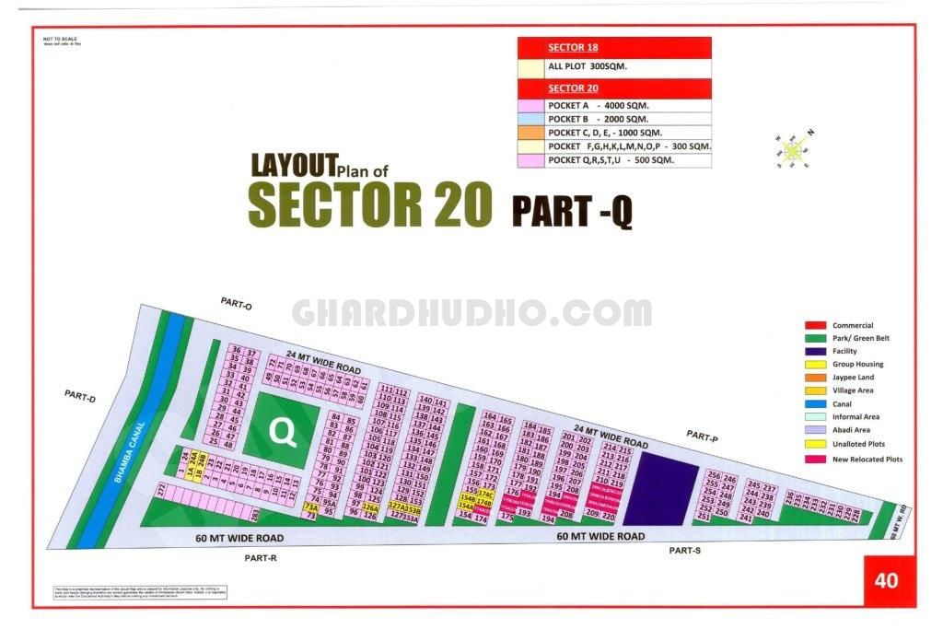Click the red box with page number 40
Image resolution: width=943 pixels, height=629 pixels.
point(887,580)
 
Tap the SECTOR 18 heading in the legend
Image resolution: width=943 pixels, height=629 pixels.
point(573,47)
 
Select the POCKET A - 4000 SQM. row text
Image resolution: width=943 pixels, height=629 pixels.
point(599,106)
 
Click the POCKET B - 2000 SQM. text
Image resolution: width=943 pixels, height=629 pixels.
point(599,120)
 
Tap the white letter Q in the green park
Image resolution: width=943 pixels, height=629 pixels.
point(284,431)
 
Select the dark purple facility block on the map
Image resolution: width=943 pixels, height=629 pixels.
point(667,488)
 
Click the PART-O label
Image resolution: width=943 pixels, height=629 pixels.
point(236,304)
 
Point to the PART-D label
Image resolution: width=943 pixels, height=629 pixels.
point(80,395)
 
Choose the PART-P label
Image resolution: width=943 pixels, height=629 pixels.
point(703,437)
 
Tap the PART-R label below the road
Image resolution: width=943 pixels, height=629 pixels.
point(261,557)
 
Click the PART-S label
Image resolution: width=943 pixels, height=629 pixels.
point(685,551)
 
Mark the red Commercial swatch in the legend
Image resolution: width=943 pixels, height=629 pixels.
point(814,325)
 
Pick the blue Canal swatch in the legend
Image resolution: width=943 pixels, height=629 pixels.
point(814,403)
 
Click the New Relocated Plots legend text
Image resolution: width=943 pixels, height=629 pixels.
point(867,459)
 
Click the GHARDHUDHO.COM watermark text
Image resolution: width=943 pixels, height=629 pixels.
point(471,313)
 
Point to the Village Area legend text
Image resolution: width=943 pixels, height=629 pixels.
point(853,390)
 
